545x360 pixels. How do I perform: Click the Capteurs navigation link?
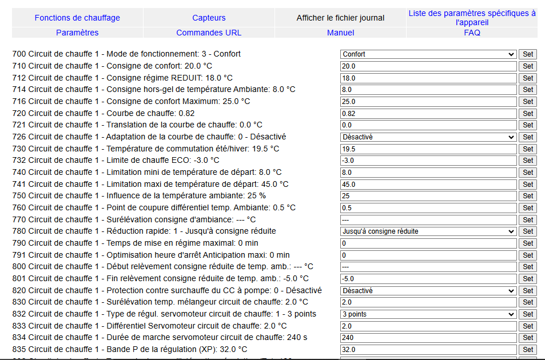209,18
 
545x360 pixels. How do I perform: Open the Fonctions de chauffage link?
77,18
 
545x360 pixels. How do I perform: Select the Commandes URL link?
209,33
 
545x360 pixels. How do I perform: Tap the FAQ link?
472,33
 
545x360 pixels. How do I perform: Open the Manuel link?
340,33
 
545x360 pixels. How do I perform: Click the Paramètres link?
77,33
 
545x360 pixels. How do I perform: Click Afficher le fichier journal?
340,18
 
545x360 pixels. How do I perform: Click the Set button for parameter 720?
528,113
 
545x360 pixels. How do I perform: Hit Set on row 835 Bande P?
528,349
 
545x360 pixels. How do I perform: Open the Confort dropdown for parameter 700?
428,54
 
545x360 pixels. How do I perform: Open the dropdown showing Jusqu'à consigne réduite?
428,231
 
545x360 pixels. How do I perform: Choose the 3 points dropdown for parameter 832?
428,314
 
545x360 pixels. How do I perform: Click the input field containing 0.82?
428,113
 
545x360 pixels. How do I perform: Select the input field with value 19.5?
428,149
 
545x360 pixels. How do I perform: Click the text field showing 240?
428,338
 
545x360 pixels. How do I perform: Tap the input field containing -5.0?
428,279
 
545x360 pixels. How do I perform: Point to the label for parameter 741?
150,184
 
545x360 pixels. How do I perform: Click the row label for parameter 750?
139,196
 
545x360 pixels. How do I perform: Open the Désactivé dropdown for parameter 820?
428,290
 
